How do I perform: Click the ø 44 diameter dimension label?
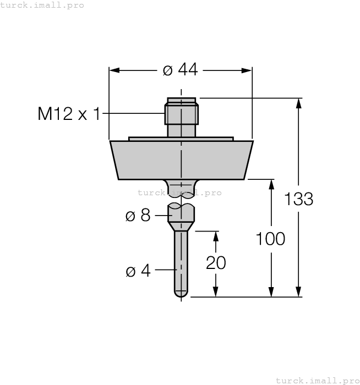click(x=181, y=70)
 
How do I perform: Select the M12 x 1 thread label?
click(x=69, y=114)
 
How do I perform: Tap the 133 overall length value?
click(x=299, y=199)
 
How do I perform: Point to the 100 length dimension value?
click(x=270, y=239)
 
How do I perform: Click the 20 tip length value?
click(x=216, y=263)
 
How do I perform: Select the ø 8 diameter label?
click(x=138, y=215)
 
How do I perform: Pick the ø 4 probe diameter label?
click(x=138, y=271)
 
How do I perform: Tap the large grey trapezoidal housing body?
click(x=181, y=160)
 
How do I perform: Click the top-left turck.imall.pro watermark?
click(x=42, y=5)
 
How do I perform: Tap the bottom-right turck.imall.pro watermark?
click(x=317, y=380)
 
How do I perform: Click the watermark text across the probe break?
click(x=179, y=193)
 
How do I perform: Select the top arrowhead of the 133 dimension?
click(x=299, y=102)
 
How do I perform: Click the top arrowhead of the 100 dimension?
click(x=270, y=184)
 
